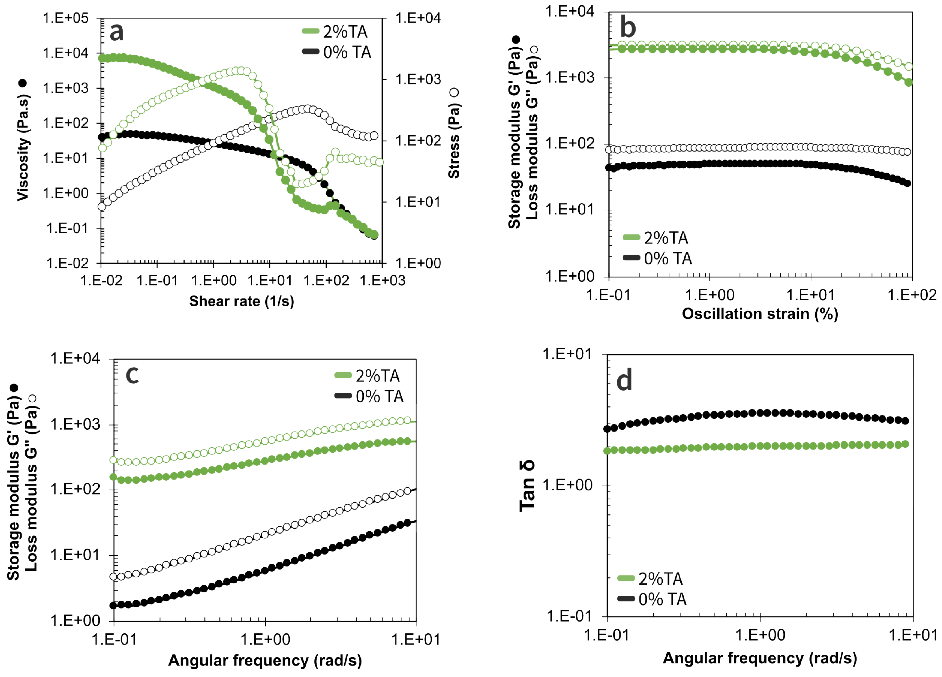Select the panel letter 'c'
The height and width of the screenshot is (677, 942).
(x=132, y=375)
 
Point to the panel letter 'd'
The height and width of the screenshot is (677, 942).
(x=624, y=381)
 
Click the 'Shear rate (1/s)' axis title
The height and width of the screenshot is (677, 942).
(x=241, y=301)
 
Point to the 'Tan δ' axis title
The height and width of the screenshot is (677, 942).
(x=528, y=486)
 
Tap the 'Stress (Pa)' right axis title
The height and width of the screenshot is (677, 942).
(x=454, y=139)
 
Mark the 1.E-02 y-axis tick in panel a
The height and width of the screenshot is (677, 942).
(x=67, y=263)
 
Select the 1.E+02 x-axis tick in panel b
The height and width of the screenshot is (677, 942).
(x=912, y=295)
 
